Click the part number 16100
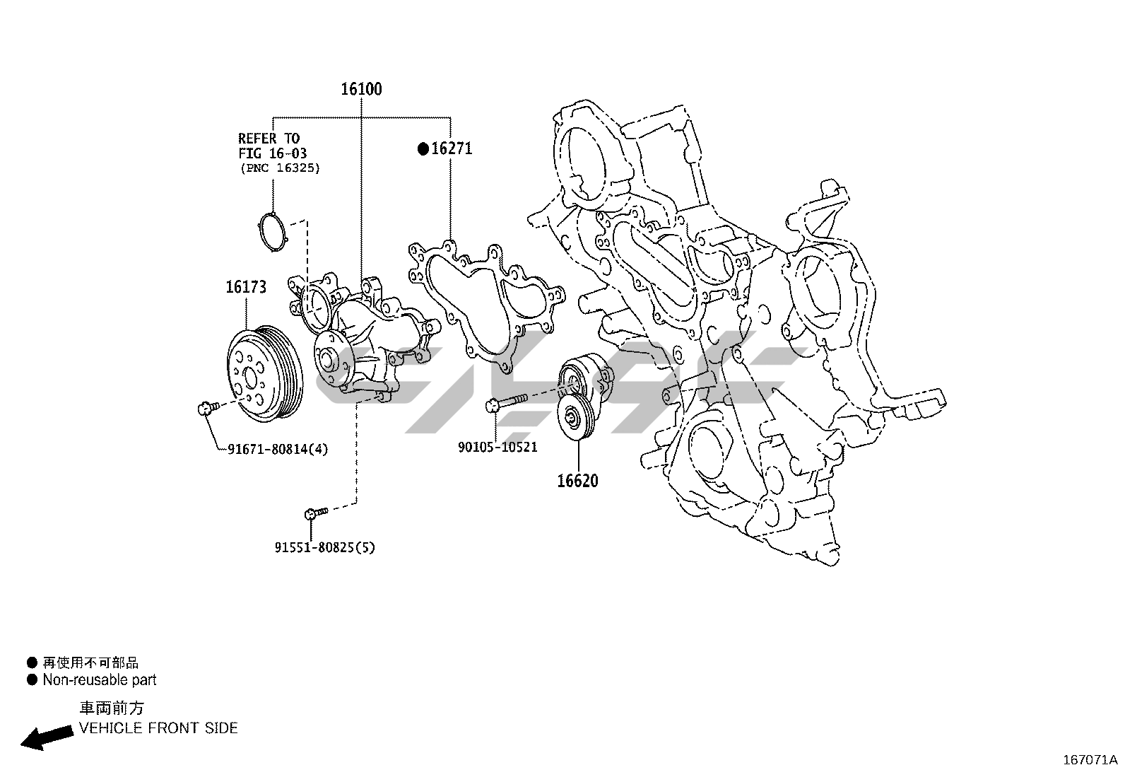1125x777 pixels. [361, 89]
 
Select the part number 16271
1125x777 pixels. [452, 148]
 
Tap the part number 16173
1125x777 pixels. [246, 287]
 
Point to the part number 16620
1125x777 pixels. [577, 481]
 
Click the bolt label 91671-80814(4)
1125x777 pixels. [278, 449]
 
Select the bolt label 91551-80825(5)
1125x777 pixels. [324, 547]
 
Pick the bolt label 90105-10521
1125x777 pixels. [497, 447]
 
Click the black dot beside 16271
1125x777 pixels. [423, 148]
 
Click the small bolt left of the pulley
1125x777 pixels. [205, 407]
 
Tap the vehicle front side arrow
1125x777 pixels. [47, 736]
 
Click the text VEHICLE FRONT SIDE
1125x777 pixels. [158, 728]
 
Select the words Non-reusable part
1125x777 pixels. [99, 680]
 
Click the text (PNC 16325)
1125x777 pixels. [279, 168]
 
